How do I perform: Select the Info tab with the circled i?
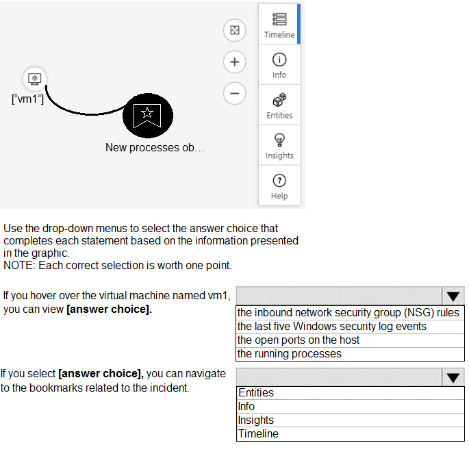pyautogui.click(x=279, y=64)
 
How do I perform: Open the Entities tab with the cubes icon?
pyautogui.click(x=279, y=105)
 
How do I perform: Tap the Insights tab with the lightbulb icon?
pyautogui.click(x=279, y=145)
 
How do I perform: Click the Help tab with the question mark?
pyautogui.click(x=279, y=186)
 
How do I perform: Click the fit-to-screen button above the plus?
pyautogui.click(x=235, y=30)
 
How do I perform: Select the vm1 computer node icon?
pyautogui.click(x=35, y=79)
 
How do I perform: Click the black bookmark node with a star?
pyautogui.click(x=148, y=116)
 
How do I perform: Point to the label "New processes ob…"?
pyautogui.click(x=155, y=147)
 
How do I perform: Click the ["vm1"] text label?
pyautogui.click(x=27, y=99)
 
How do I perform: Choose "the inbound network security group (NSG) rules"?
pyautogui.click(x=348, y=312)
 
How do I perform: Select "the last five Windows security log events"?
pyautogui.click(x=331, y=326)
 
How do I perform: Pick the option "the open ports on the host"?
pyautogui.click(x=299, y=340)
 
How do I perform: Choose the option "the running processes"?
pyautogui.click(x=289, y=354)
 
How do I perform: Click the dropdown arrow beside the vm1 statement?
pyautogui.click(x=453, y=296)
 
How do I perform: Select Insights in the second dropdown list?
pyautogui.click(x=256, y=420)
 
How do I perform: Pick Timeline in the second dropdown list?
pyautogui.click(x=258, y=433)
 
